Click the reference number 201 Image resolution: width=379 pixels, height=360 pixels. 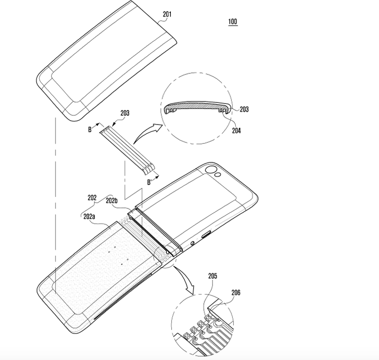click(x=167, y=15)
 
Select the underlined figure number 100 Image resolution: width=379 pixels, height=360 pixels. click(x=232, y=22)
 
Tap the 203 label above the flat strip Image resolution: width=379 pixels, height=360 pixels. click(x=125, y=113)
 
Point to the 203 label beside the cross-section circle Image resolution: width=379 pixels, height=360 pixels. click(x=244, y=109)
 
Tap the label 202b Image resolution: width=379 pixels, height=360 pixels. click(x=112, y=200)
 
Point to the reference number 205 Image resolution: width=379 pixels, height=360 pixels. click(x=212, y=277)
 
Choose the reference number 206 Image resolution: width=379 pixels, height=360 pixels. click(x=236, y=292)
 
